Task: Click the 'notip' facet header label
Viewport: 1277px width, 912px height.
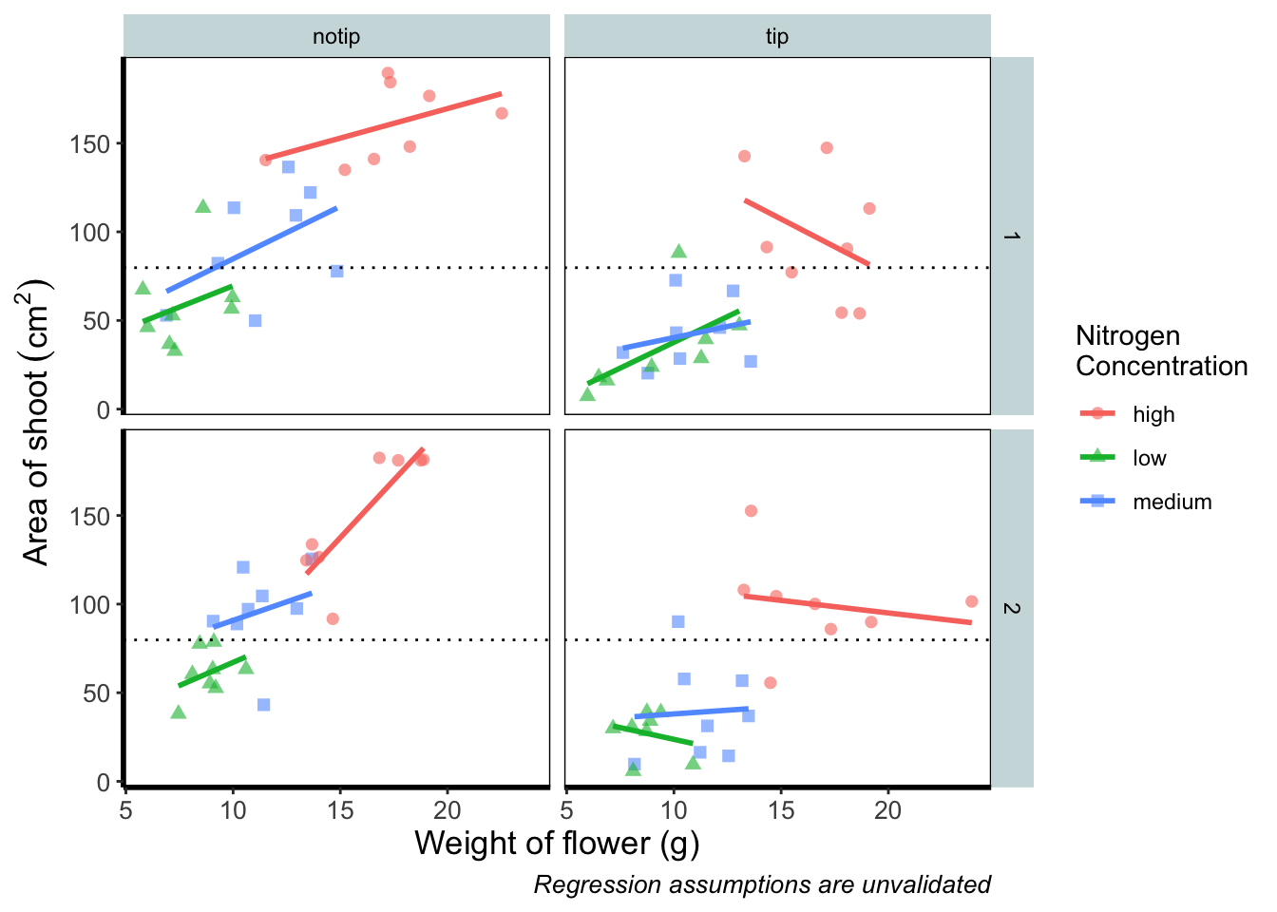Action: (336, 37)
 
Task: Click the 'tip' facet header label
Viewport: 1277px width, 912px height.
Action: (777, 37)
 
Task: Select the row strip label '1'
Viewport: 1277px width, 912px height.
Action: (1012, 236)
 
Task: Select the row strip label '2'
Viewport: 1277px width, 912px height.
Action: (1012, 608)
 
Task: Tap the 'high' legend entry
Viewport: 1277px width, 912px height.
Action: (1153, 414)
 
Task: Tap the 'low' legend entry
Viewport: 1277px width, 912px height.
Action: (1149, 458)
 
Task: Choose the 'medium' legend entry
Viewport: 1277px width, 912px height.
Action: (1172, 502)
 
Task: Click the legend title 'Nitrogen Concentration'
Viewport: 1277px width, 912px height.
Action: (1161, 351)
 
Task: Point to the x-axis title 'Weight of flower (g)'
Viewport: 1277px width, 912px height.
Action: (557, 843)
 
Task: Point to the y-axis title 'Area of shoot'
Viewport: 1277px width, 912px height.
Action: (36, 422)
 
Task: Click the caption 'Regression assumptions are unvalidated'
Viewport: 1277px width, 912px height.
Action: (762, 884)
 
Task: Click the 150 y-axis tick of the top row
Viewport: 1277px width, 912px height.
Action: (89, 143)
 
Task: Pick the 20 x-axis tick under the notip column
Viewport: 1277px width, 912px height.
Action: (448, 809)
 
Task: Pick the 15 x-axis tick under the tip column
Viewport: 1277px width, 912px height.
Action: (781, 809)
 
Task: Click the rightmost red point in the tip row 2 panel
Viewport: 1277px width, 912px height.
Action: (971, 601)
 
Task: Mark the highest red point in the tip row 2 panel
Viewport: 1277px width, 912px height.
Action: (751, 511)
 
